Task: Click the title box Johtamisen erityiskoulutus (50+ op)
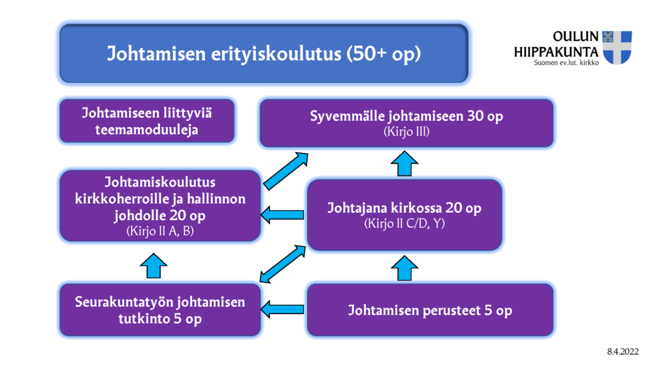click(x=264, y=54)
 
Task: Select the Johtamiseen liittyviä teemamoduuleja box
click(x=147, y=121)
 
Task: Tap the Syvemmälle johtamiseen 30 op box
click(x=406, y=123)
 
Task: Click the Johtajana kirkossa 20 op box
click(x=404, y=215)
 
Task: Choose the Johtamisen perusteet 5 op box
click(x=430, y=310)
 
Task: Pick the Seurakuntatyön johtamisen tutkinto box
click(x=160, y=310)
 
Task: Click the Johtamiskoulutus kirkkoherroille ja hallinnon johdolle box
click(x=160, y=206)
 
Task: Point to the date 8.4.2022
click(x=623, y=352)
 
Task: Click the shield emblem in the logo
click(x=617, y=47)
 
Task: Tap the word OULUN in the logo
click(x=576, y=37)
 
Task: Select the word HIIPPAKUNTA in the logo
click(x=556, y=52)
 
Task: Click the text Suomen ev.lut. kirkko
click(x=566, y=63)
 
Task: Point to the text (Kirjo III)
click(x=406, y=131)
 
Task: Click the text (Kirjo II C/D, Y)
click(x=404, y=223)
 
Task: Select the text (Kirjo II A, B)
click(x=160, y=231)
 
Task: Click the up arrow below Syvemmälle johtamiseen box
click(x=404, y=164)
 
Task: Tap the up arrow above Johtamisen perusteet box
click(x=404, y=268)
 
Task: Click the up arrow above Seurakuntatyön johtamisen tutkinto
click(x=154, y=266)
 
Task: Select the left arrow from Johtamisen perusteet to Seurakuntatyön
click(x=282, y=309)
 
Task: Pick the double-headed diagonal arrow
click(x=283, y=264)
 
